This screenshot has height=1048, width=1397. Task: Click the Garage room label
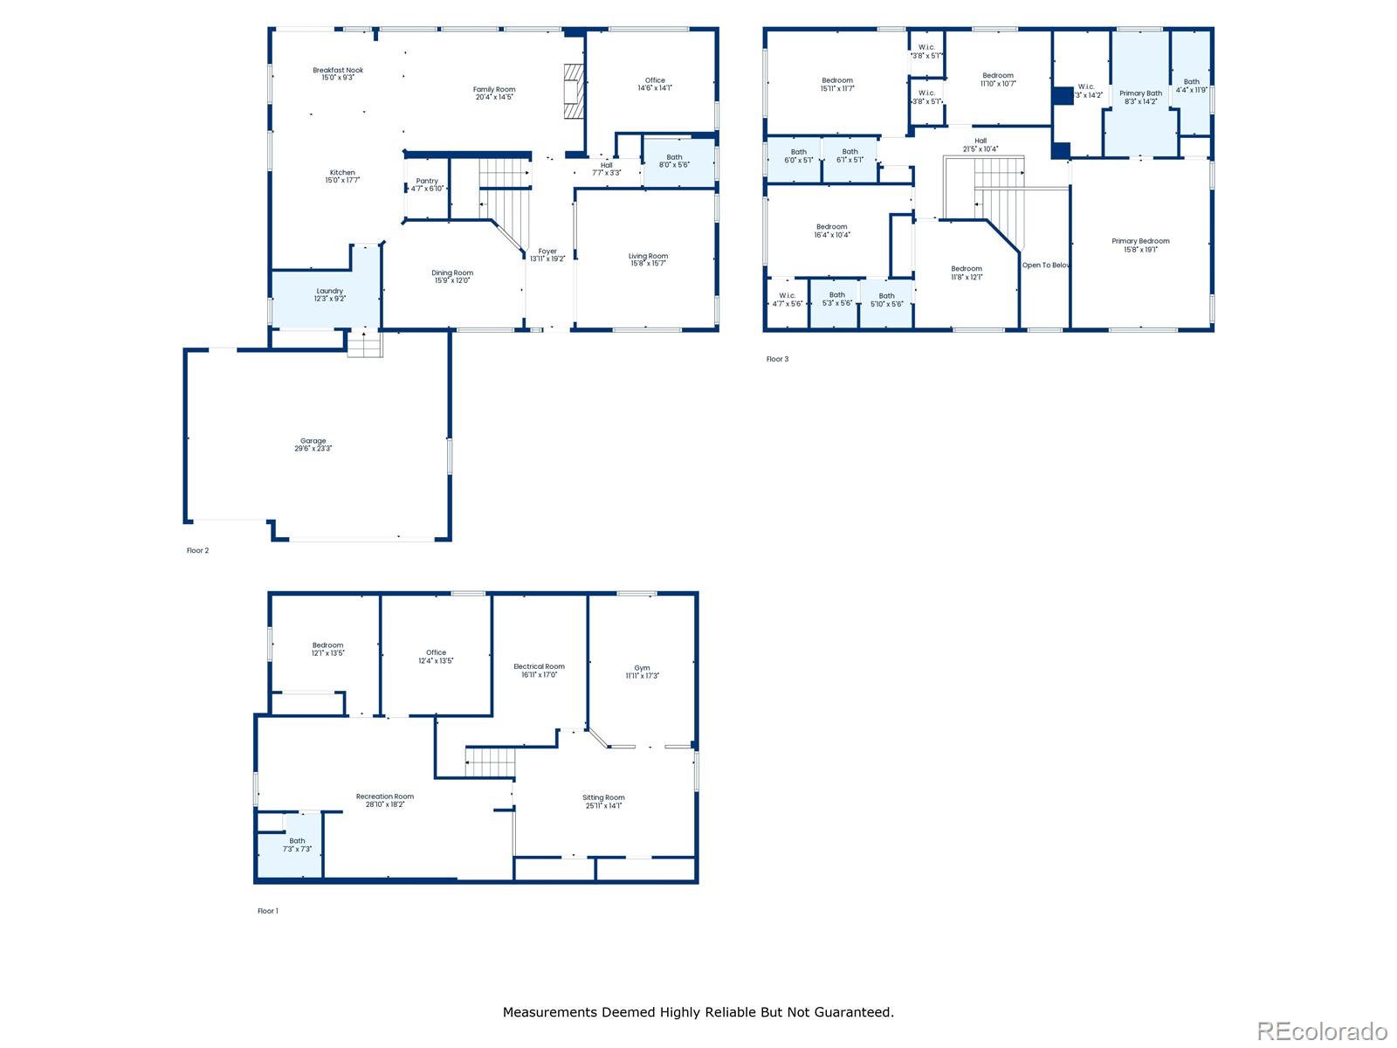(313, 442)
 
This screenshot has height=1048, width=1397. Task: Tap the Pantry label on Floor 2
(427, 182)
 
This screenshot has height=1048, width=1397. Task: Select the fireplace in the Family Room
(572, 91)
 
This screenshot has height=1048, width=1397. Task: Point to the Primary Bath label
(1140, 93)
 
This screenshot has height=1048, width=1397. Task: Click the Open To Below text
(1046, 265)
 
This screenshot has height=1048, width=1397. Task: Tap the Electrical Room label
(539, 667)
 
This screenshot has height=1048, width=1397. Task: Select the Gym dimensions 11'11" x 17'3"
(642, 676)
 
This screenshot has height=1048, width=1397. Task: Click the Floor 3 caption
(777, 359)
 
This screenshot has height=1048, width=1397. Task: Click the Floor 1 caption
(267, 911)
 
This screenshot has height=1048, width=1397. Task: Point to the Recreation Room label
(384, 796)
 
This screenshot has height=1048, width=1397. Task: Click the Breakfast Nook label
(338, 70)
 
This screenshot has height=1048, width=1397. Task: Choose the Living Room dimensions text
(648, 264)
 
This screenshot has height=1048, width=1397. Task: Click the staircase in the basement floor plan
(491, 762)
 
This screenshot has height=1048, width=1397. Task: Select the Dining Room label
(452, 273)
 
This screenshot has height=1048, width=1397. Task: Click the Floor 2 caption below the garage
(197, 551)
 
